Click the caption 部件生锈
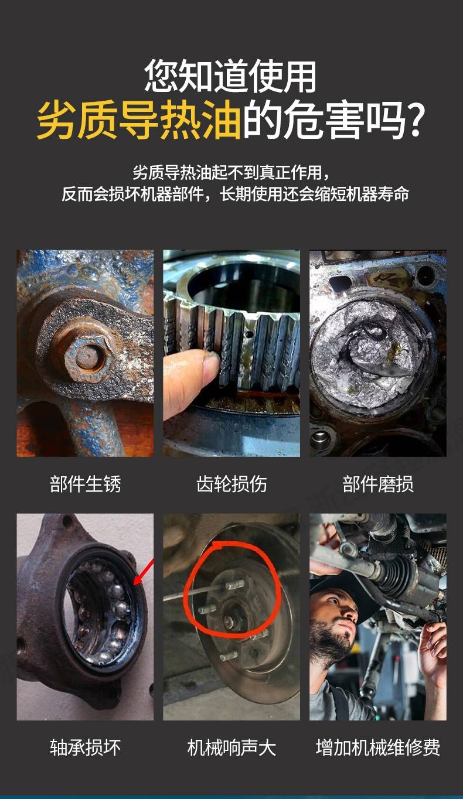(x=86, y=484)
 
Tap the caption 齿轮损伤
(x=231, y=484)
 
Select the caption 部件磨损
(x=378, y=484)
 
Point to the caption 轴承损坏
(x=86, y=747)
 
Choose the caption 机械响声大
(x=231, y=747)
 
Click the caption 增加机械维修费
(x=378, y=747)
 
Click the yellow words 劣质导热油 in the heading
(x=139, y=120)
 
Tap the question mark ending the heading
(x=416, y=120)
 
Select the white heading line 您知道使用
(x=230, y=76)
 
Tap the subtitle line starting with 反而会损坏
(x=235, y=194)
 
